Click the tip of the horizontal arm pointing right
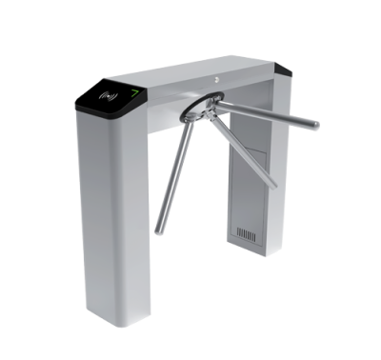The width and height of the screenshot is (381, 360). [315, 124]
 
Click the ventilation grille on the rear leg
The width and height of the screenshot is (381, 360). [248, 232]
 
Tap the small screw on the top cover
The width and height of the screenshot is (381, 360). [217, 78]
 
